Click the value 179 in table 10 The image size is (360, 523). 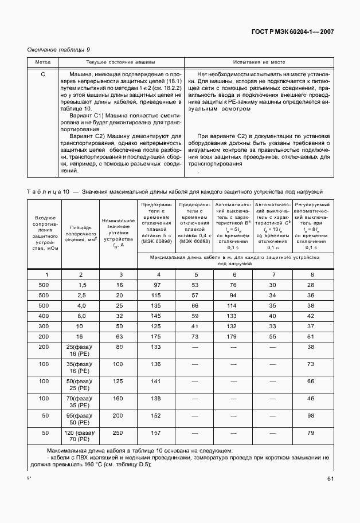233,337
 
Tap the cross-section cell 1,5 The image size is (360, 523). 81,285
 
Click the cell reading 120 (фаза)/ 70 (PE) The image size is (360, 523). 81,437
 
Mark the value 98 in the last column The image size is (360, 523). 311,415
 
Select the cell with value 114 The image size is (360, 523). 233,305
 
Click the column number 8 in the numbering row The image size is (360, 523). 311,274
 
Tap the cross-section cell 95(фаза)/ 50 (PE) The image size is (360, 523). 81,419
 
